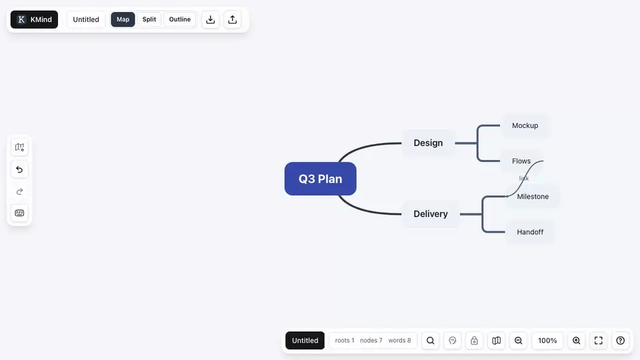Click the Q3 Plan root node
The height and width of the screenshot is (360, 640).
pyautogui.click(x=321, y=179)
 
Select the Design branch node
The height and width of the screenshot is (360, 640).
pyautogui.click(x=428, y=143)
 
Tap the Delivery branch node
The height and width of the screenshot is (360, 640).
pyautogui.click(x=431, y=214)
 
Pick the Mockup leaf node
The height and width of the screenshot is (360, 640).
pyautogui.click(x=525, y=126)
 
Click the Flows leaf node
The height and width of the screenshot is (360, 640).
pyautogui.click(x=521, y=161)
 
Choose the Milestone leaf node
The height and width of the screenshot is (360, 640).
pyautogui.click(x=533, y=197)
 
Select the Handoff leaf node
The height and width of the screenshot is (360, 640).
pyautogui.click(x=530, y=232)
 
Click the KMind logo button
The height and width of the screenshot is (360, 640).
pyautogui.click(x=34, y=19)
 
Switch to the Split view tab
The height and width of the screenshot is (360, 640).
pyautogui.click(x=149, y=19)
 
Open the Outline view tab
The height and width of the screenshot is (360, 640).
pyautogui.click(x=179, y=19)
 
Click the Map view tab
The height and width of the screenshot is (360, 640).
pyautogui.click(x=123, y=19)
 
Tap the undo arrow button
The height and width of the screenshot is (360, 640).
pyautogui.click(x=19, y=169)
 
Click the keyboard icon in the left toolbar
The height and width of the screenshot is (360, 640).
pyautogui.click(x=19, y=213)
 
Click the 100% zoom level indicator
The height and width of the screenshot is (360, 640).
pyautogui.click(x=547, y=341)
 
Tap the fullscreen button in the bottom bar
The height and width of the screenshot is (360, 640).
pyautogui.click(x=599, y=341)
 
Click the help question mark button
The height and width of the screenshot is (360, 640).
pyautogui.click(x=621, y=341)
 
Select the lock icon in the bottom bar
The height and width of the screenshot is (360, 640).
pyautogui.click(x=474, y=341)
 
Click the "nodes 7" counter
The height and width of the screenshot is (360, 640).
pyautogui.click(x=371, y=341)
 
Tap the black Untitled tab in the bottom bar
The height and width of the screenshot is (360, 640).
pyautogui.click(x=305, y=341)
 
